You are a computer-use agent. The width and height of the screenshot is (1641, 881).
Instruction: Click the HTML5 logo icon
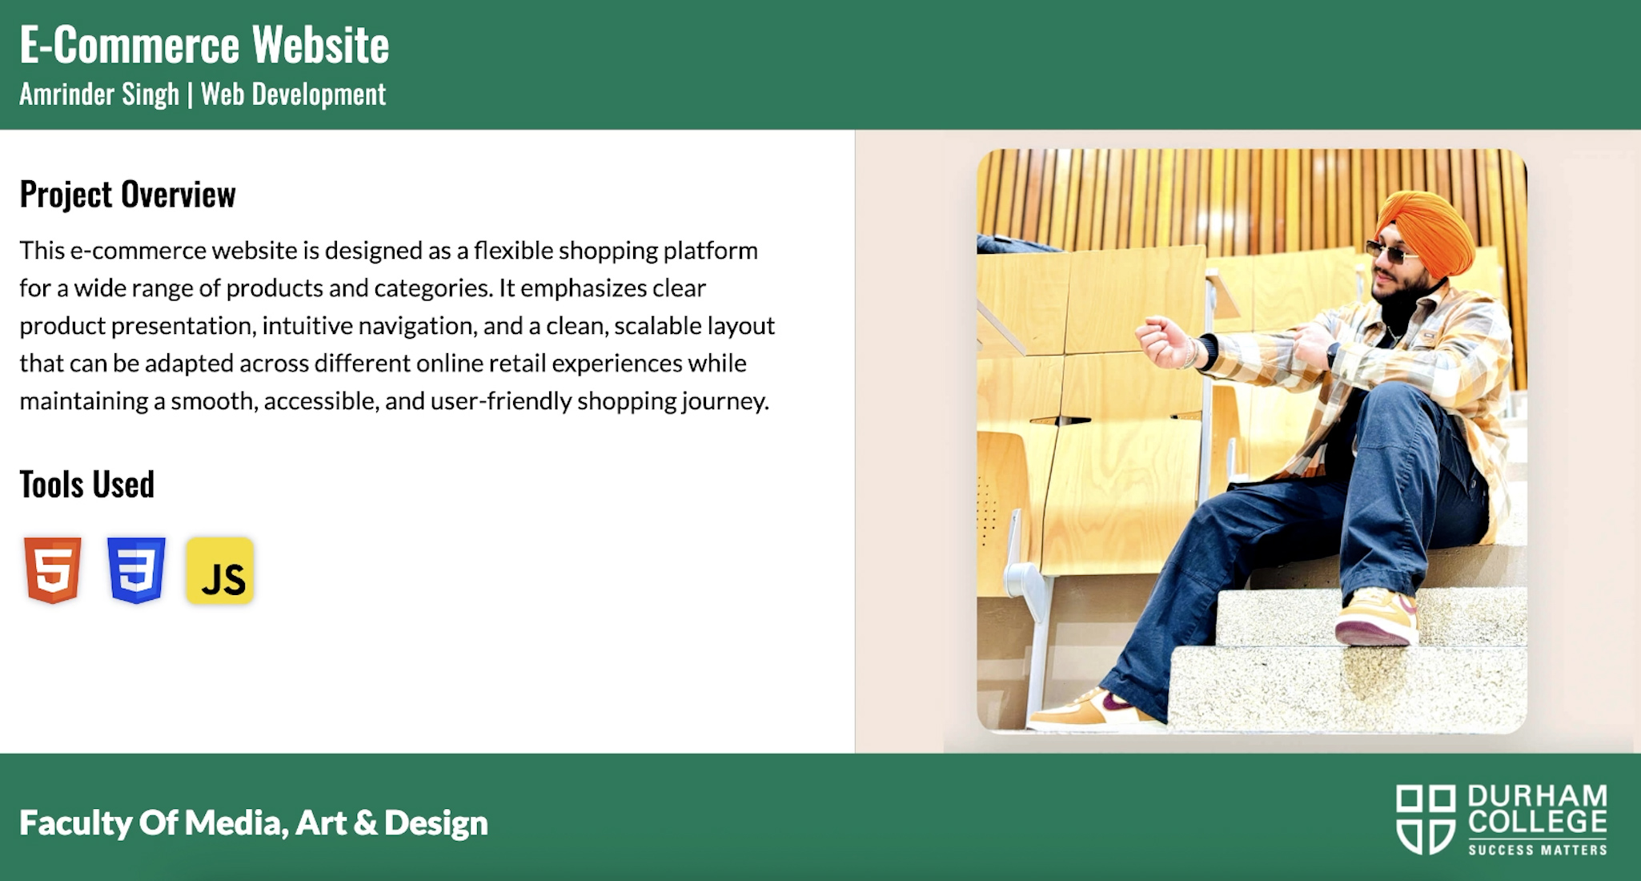pos(53,569)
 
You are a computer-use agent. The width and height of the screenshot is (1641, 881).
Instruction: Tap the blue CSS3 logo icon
pos(136,569)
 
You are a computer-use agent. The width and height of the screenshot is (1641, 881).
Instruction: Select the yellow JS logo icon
pos(220,570)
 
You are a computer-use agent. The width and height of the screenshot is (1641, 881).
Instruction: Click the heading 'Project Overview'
pos(127,195)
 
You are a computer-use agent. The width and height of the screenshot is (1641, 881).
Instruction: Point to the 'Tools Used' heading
pos(86,485)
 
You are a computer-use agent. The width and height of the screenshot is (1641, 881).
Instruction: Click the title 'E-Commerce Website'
pos(204,45)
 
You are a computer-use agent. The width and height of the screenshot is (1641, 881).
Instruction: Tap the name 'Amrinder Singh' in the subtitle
pos(99,95)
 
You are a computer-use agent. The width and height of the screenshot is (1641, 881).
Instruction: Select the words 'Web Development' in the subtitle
pos(293,95)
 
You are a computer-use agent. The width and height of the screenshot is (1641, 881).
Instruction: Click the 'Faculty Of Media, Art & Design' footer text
pos(254,823)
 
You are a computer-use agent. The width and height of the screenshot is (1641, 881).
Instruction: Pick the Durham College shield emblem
pos(1426,819)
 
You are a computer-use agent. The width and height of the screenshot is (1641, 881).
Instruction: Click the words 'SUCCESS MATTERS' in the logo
pos(1537,850)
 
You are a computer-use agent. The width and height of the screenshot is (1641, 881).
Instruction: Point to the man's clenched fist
pos(1162,342)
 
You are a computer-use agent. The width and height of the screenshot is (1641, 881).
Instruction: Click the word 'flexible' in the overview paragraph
pos(513,251)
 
